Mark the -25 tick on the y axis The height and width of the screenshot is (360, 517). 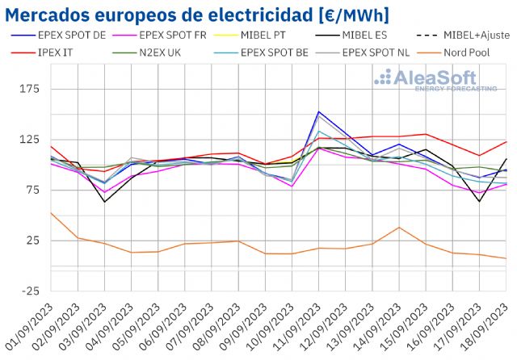click(28, 291)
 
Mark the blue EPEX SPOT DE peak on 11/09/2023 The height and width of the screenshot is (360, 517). click(319, 112)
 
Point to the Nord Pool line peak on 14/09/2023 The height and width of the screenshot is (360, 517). click(399, 228)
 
